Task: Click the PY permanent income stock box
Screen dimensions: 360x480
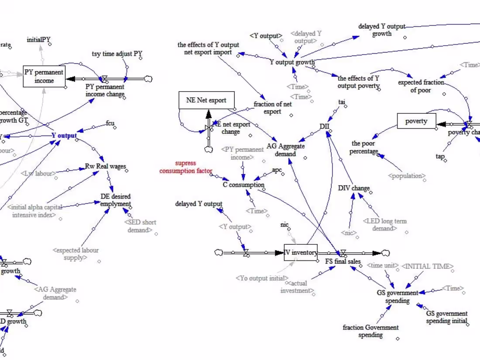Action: pyautogui.click(x=44, y=76)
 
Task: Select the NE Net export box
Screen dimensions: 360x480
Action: pyautogui.click(x=206, y=100)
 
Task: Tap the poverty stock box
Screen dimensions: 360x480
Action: pyautogui.click(x=416, y=121)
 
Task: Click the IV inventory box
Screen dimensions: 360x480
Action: pyautogui.click(x=301, y=253)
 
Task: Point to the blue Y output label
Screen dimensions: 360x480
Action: pyautogui.click(x=64, y=135)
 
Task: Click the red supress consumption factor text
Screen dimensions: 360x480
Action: pyautogui.click(x=186, y=167)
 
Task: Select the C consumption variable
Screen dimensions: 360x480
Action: pyautogui.click(x=243, y=185)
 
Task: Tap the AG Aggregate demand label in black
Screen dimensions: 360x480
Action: pyautogui.click(x=286, y=150)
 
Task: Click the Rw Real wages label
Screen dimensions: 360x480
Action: pyautogui.click(x=106, y=166)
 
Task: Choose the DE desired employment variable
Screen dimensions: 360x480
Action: pyautogui.click(x=115, y=200)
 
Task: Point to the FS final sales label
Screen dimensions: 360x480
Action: pyautogui.click(x=343, y=262)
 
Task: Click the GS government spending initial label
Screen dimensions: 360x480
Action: pyautogui.click(x=446, y=317)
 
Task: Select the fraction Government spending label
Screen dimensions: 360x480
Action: pyautogui.click(x=370, y=331)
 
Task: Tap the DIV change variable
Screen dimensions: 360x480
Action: pyautogui.click(x=354, y=188)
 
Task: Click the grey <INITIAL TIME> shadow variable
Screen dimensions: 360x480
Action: pyautogui.click(x=427, y=266)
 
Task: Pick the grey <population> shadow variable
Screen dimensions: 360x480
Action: pyautogui.click(x=406, y=176)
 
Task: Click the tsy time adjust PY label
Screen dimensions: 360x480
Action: pyautogui.click(x=117, y=54)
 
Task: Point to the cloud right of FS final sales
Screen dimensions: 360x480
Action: pyautogui.click(x=385, y=253)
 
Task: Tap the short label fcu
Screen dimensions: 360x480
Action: pyautogui.click(x=110, y=123)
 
